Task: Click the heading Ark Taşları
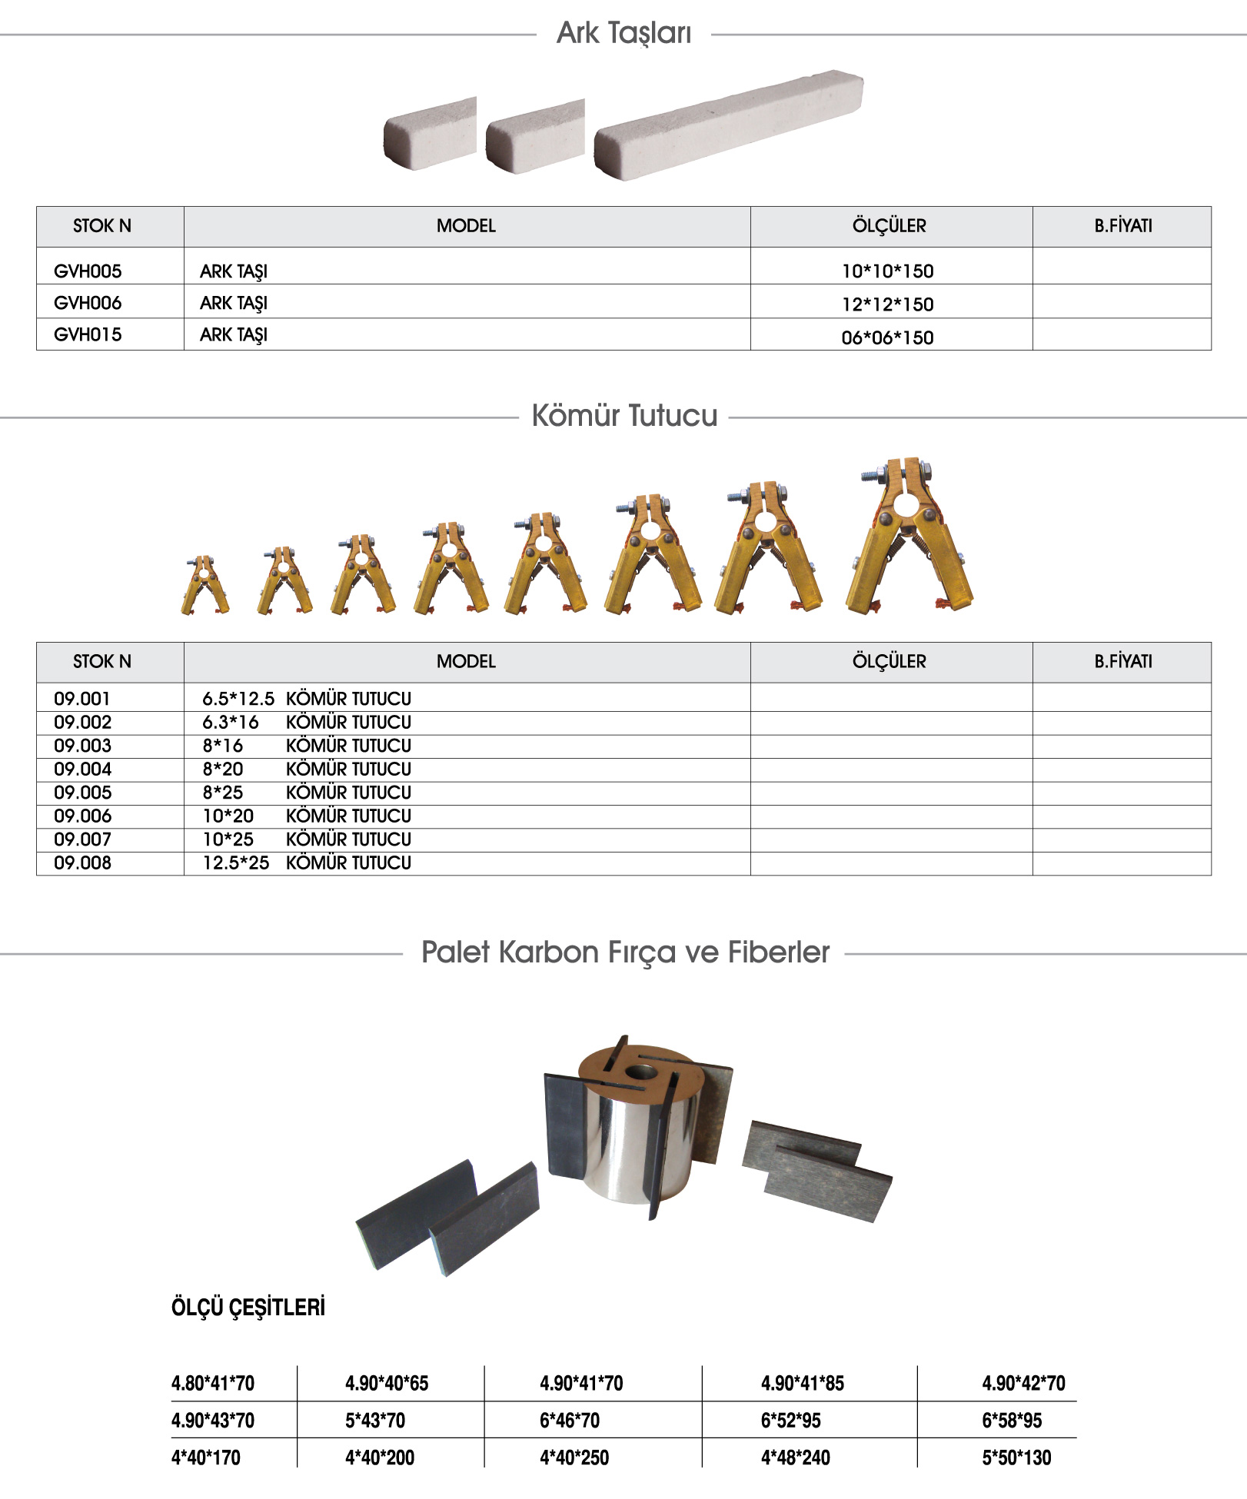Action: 623,33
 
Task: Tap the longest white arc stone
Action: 728,125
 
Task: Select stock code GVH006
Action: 88,303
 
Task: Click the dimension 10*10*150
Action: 887,271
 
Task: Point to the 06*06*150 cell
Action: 887,337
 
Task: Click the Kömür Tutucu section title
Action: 624,416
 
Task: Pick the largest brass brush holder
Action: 909,538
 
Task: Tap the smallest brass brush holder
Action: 205,586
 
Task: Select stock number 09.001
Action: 82,699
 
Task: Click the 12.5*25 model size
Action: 236,863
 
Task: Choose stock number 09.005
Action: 82,793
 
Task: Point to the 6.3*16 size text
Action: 231,723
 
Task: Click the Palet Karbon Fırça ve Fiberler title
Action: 625,952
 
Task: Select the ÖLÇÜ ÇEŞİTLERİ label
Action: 248,1308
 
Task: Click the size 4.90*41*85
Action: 802,1384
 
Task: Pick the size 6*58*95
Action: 1011,1421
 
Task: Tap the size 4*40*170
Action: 205,1457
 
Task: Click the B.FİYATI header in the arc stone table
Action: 1122,226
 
